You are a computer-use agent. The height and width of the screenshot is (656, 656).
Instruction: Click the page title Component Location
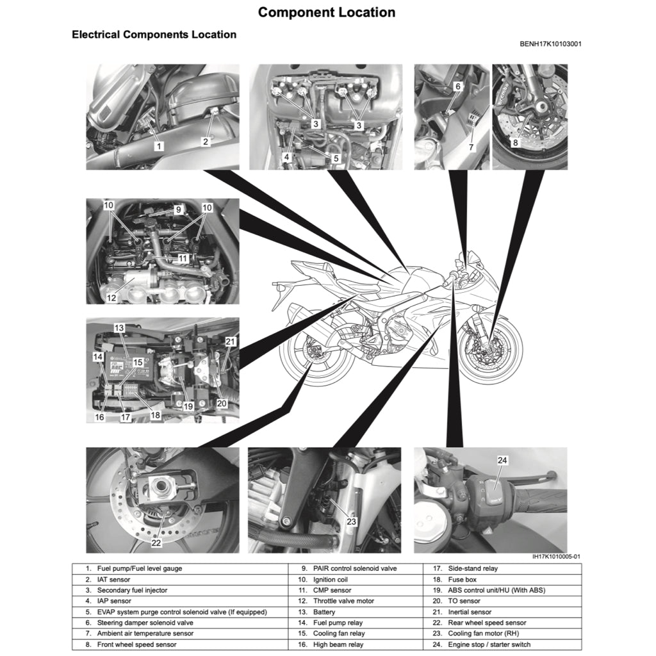tap(327, 12)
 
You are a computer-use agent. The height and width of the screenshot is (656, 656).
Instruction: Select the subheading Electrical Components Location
tap(154, 35)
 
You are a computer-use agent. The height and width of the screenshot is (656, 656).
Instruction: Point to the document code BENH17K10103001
tap(550, 44)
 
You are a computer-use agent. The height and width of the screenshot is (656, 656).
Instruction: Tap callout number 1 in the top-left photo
tap(158, 145)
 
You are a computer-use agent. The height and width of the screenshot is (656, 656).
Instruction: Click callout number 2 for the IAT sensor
tap(206, 142)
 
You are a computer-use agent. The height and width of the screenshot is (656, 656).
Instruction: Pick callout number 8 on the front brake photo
tap(515, 143)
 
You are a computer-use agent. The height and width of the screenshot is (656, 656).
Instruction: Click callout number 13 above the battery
tap(119, 327)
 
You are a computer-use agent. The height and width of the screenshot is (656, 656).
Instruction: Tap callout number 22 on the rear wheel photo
tap(156, 543)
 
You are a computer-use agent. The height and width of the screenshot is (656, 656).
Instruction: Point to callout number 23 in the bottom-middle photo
tap(351, 521)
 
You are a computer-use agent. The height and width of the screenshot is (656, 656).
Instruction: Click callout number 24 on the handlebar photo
tap(502, 459)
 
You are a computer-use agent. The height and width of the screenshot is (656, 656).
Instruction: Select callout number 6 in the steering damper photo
tap(457, 86)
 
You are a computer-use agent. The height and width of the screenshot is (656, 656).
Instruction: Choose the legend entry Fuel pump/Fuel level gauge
tap(139, 568)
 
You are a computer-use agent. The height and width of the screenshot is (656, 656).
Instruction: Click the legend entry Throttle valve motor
tap(343, 601)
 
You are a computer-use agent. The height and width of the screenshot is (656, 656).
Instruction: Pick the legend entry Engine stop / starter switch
tap(490, 644)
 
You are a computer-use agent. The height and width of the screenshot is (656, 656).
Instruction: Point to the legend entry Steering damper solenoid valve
tap(145, 623)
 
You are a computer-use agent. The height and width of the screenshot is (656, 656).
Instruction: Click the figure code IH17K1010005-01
tap(556, 557)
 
